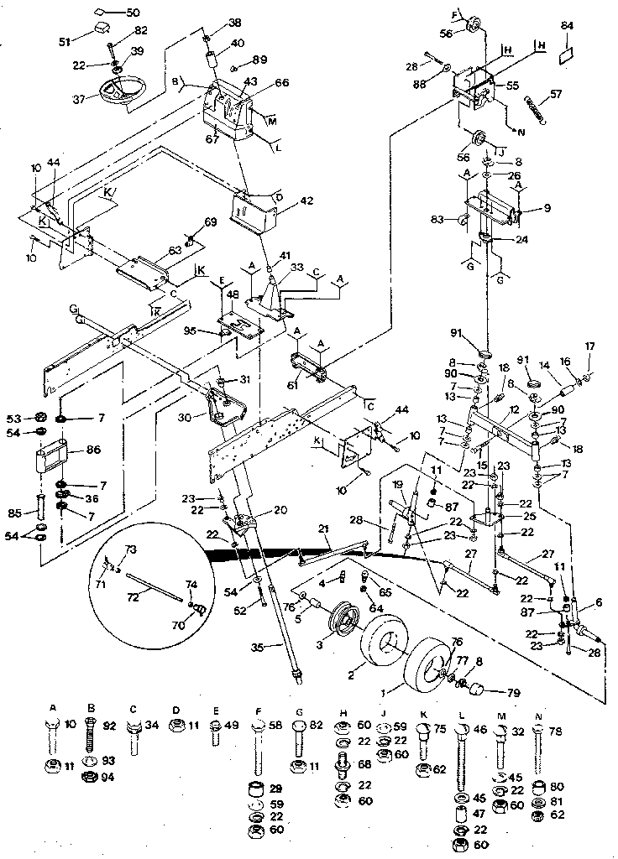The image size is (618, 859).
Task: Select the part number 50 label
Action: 134,13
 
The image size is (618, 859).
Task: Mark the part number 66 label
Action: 282,82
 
